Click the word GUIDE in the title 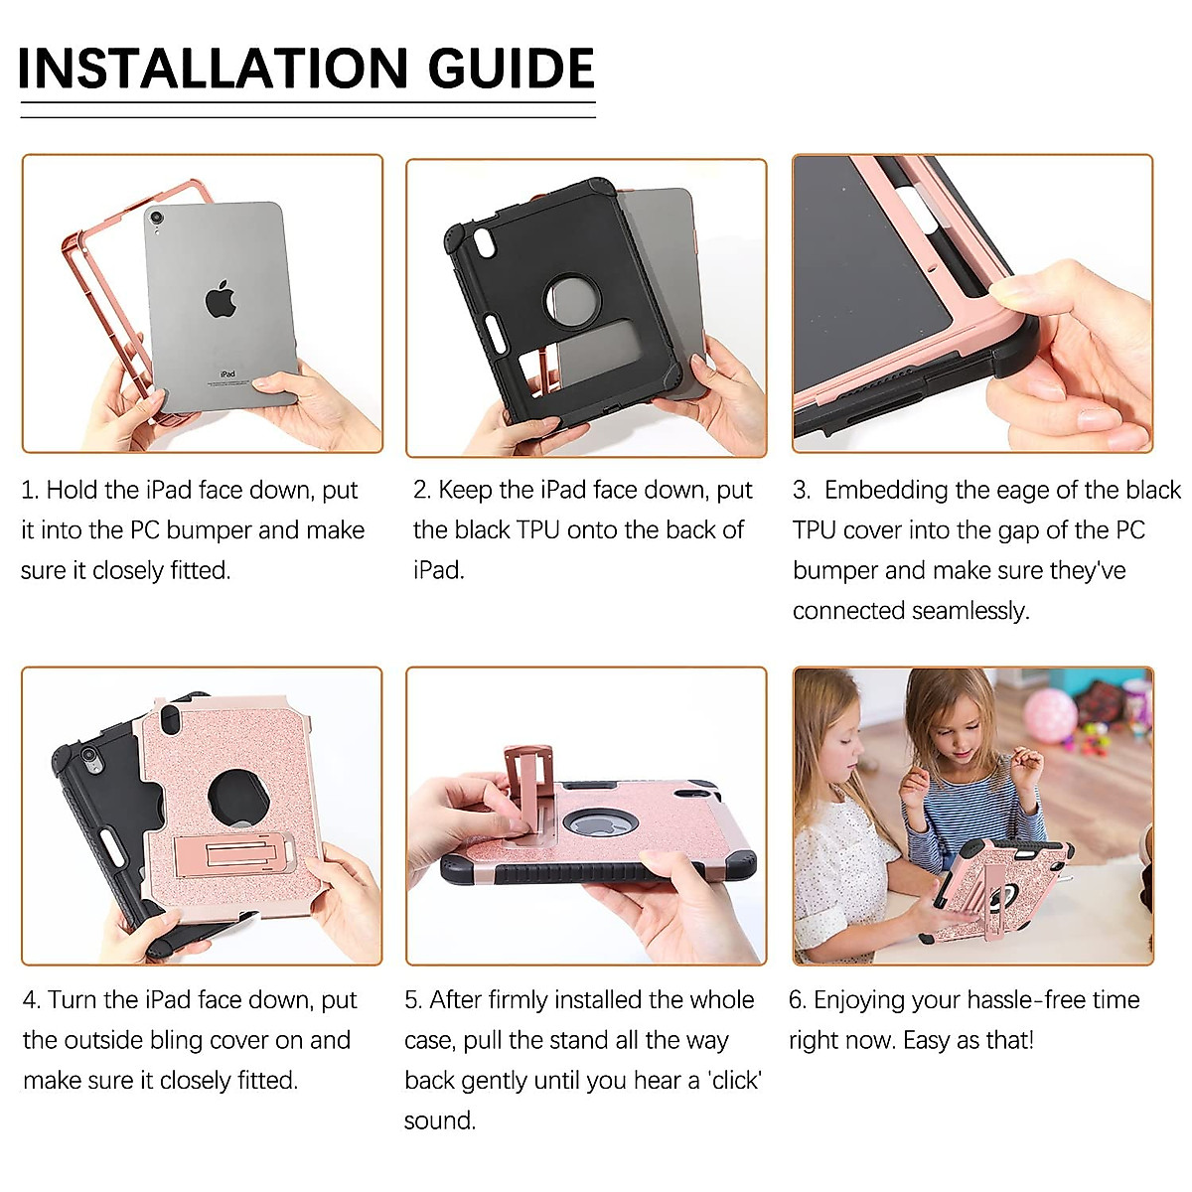tap(511, 68)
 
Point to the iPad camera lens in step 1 tap(156, 218)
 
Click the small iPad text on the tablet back tap(227, 374)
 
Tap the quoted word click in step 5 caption tap(736, 1080)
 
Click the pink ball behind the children tap(1049, 715)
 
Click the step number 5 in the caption tap(411, 999)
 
